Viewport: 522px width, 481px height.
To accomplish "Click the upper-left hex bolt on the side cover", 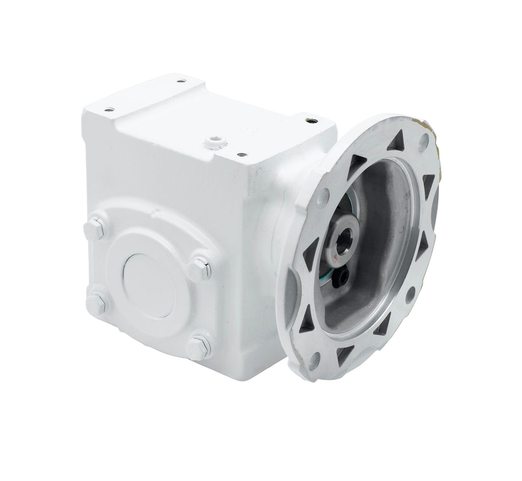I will (x=95, y=227).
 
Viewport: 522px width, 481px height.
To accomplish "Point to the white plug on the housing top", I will (x=215, y=143).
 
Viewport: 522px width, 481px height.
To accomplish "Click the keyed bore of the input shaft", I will (x=342, y=244).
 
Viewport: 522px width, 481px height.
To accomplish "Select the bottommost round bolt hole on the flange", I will (x=314, y=360).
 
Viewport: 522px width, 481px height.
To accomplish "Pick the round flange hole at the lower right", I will (x=409, y=294).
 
